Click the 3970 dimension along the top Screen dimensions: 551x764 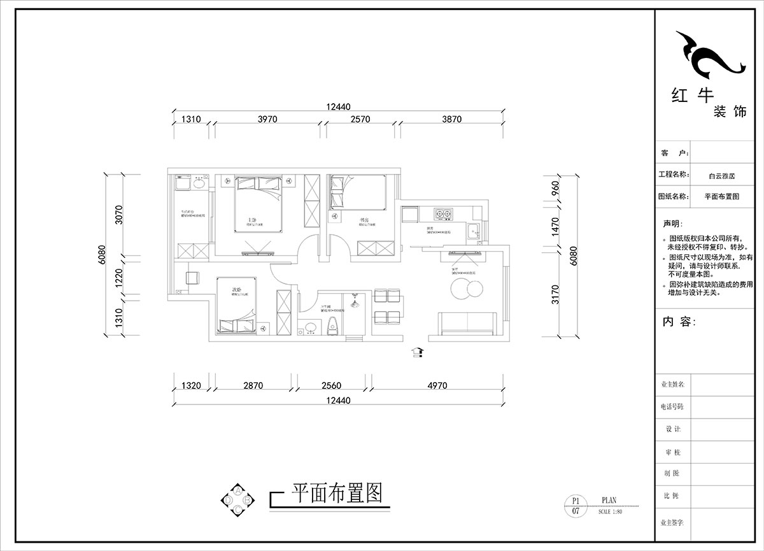point(266,119)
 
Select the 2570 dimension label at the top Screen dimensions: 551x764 point(362,119)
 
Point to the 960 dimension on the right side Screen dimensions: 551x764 point(555,189)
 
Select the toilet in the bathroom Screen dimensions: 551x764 point(331,327)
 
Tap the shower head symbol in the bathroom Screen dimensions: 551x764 point(355,299)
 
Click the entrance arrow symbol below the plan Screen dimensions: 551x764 point(418,352)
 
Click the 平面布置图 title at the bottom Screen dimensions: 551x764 point(336,493)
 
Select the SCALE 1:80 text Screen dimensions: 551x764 point(611,512)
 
